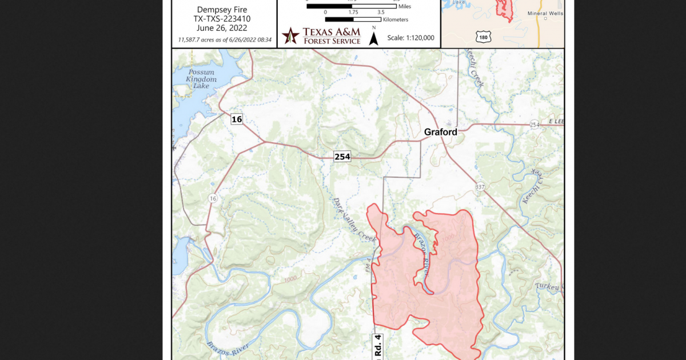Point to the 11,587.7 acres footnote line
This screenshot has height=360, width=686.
click(x=224, y=40)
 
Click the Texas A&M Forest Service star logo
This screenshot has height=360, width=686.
click(x=291, y=35)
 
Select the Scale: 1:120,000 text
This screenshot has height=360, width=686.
click(x=410, y=38)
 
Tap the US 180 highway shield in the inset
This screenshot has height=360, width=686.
click(x=483, y=37)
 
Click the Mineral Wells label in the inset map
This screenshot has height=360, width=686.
click(x=545, y=13)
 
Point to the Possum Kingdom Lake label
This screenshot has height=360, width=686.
click(x=201, y=79)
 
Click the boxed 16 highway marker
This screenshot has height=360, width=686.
click(x=237, y=119)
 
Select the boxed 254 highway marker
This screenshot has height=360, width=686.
click(x=342, y=157)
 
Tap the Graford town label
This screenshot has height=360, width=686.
click(x=440, y=132)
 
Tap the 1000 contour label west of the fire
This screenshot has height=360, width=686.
click(x=289, y=279)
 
